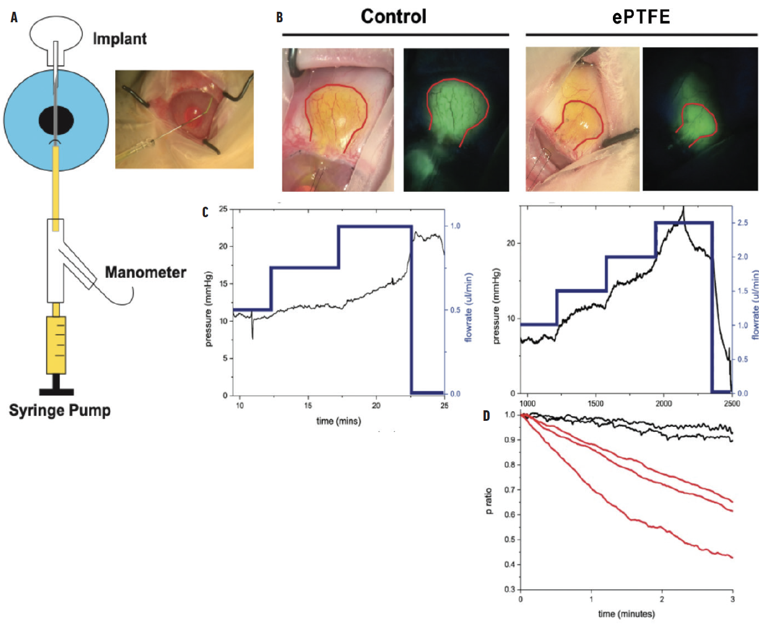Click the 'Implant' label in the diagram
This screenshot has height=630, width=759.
coord(119,39)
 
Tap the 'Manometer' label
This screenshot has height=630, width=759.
coord(145,272)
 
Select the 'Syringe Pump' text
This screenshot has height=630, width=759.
coord(59,410)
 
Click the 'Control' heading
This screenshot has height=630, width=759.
coord(394,16)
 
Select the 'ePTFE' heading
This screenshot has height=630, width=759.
coord(641,17)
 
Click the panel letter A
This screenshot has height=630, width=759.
coord(14,17)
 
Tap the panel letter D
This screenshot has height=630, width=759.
coord(487,415)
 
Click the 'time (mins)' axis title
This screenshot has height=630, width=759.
coord(339,421)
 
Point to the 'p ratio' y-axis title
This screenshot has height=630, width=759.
coord(489,501)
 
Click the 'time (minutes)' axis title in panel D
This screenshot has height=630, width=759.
coord(626,613)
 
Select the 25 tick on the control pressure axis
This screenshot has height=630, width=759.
coord(223,209)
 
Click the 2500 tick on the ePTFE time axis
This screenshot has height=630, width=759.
coord(731,403)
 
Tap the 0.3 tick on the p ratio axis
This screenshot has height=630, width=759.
coord(510,589)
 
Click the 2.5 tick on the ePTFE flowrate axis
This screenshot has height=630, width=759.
coord(743,222)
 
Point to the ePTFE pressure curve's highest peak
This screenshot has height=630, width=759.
coord(683,208)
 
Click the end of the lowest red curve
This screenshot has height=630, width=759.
coord(732,558)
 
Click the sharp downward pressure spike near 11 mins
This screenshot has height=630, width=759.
coord(252,337)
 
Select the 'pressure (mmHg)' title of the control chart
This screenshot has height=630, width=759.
coord(209,309)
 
